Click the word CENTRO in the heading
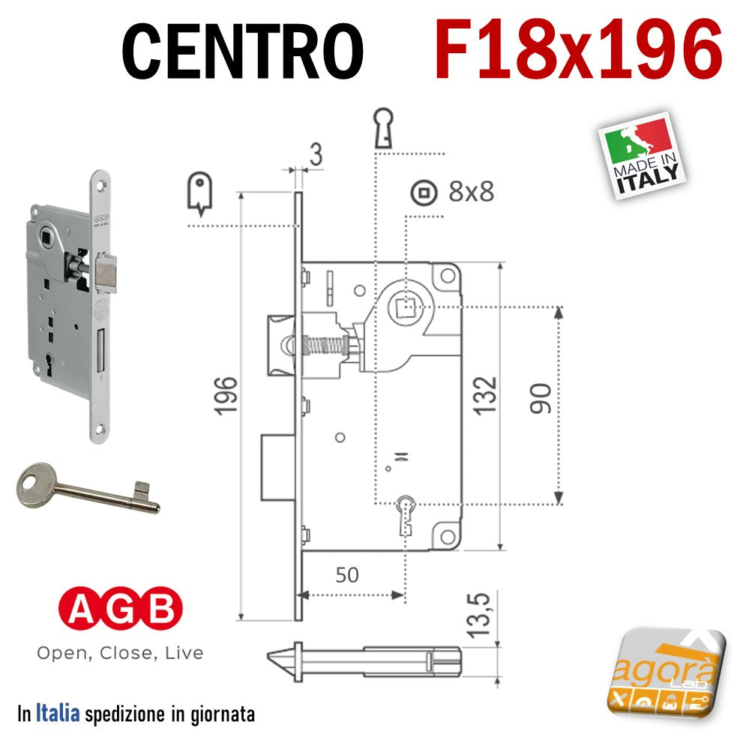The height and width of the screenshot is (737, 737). (242, 52)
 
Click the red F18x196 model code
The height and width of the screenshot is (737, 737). (578, 49)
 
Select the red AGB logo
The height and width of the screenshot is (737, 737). (120, 608)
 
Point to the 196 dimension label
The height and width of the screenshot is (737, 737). (226, 396)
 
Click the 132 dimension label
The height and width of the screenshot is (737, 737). (485, 396)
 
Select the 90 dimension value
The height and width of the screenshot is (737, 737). (541, 399)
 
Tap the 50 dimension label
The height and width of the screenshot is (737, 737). (347, 575)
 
